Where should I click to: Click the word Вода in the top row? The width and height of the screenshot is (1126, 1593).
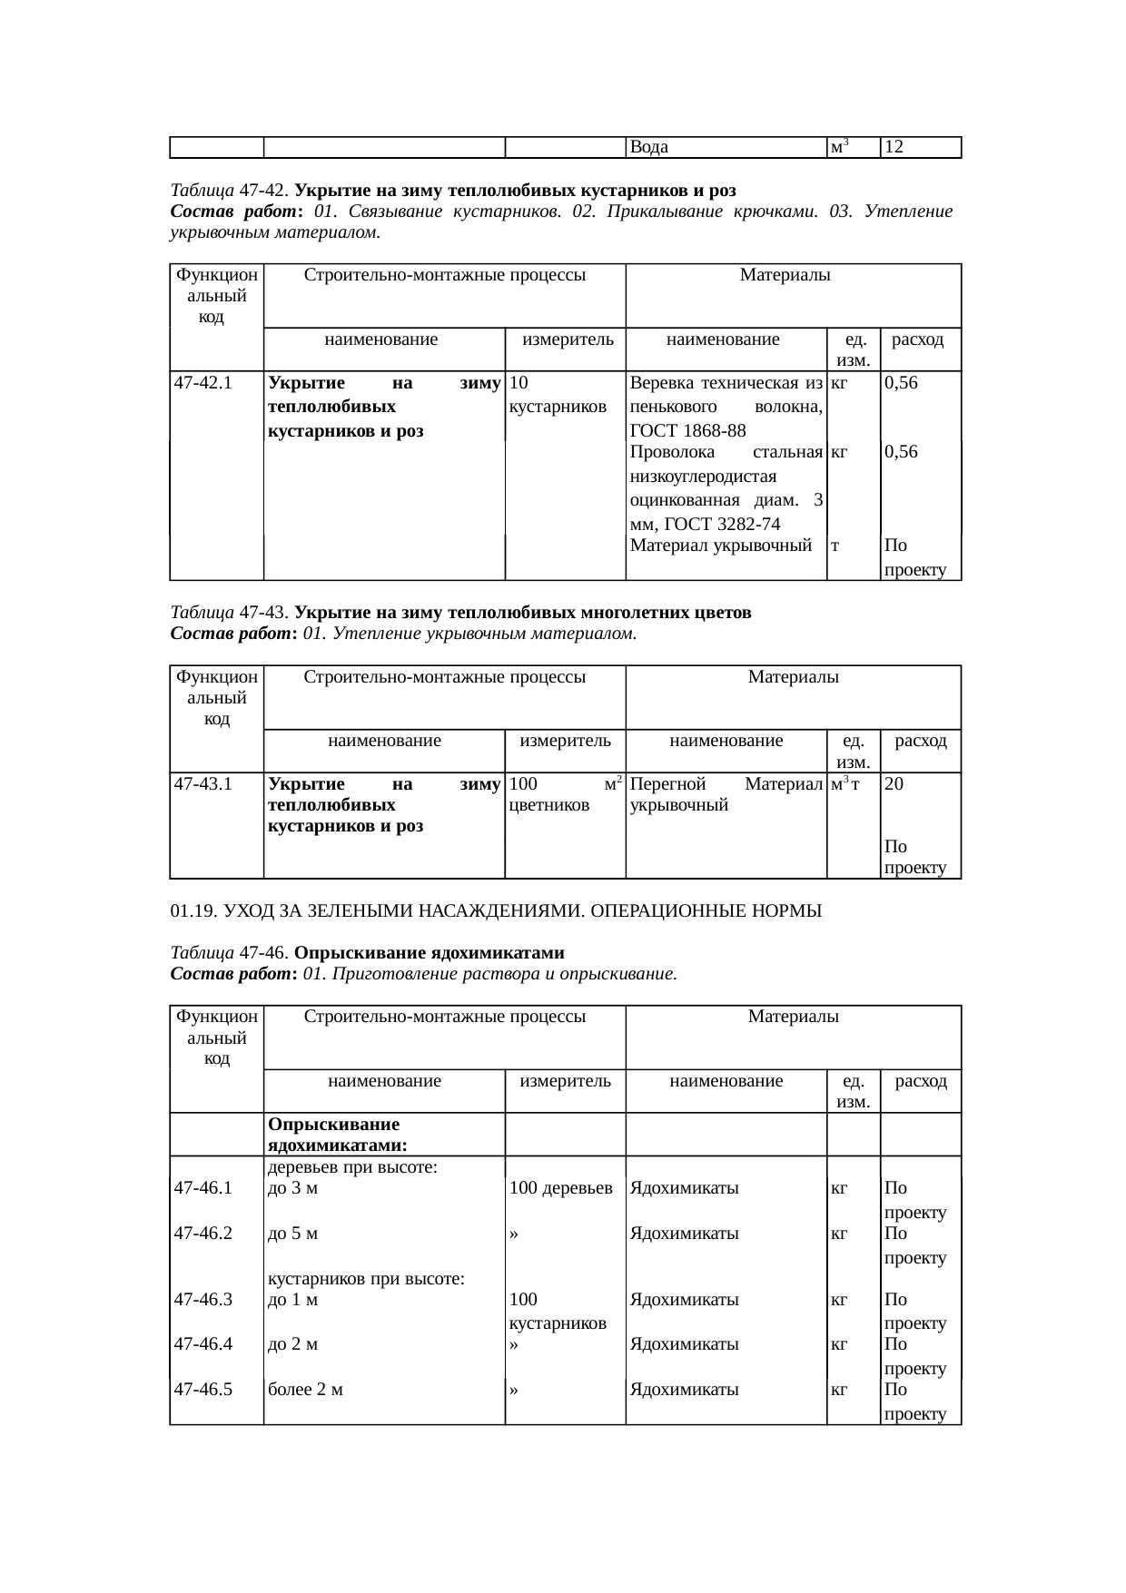click(649, 147)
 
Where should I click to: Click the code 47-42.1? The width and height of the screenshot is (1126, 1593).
click(203, 382)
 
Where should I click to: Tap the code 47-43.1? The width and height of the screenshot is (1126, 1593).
click(203, 783)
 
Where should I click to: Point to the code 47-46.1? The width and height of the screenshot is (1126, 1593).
click(203, 1187)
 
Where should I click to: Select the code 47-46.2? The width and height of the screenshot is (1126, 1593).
click(203, 1234)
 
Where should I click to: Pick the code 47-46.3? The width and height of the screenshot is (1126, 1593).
click(203, 1299)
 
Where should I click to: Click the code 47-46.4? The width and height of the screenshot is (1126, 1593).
click(203, 1344)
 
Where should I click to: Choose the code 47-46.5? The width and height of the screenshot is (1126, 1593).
click(203, 1389)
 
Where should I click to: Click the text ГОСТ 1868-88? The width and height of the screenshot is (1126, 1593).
click(687, 430)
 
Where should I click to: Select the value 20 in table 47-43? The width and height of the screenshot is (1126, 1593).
click(894, 783)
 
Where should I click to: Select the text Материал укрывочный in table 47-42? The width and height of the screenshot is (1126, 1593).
click(720, 546)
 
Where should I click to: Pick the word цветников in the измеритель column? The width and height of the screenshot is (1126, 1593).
click(549, 804)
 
